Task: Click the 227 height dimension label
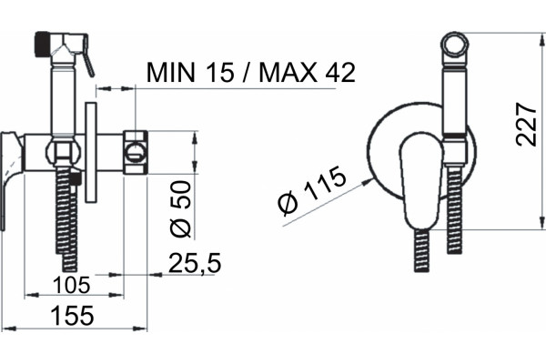pyautogui.click(x=526, y=124)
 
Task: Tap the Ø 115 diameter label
pyautogui.click(x=311, y=190)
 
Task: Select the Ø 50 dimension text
pyautogui.click(x=181, y=209)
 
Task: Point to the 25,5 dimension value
pyautogui.click(x=195, y=263)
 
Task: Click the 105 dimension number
pyautogui.click(x=72, y=285)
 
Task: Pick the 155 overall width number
pyautogui.click(x=72, y=316)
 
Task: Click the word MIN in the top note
pyautogui.click(x=170, y=73)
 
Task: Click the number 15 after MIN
pyautogui.click(x=219, y=73)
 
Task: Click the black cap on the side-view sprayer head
pyautogui.click(x=42, y=44)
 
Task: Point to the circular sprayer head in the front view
pyautogui.click(x=455, y=45)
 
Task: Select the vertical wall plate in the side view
pyautogui.click(x=91, y=153)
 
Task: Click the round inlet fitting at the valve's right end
pyautogui.click(x=136, y=152)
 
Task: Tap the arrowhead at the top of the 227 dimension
pyautogui.click(x=541, y=39)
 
